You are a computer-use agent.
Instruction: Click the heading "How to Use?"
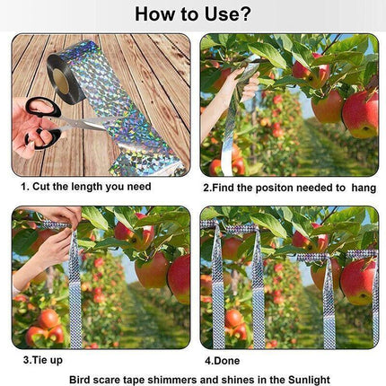click(x=192, y=14)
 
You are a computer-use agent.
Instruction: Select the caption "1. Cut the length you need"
click(x=85, y=187)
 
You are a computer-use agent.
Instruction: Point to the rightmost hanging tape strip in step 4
click(x=375, y=296)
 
